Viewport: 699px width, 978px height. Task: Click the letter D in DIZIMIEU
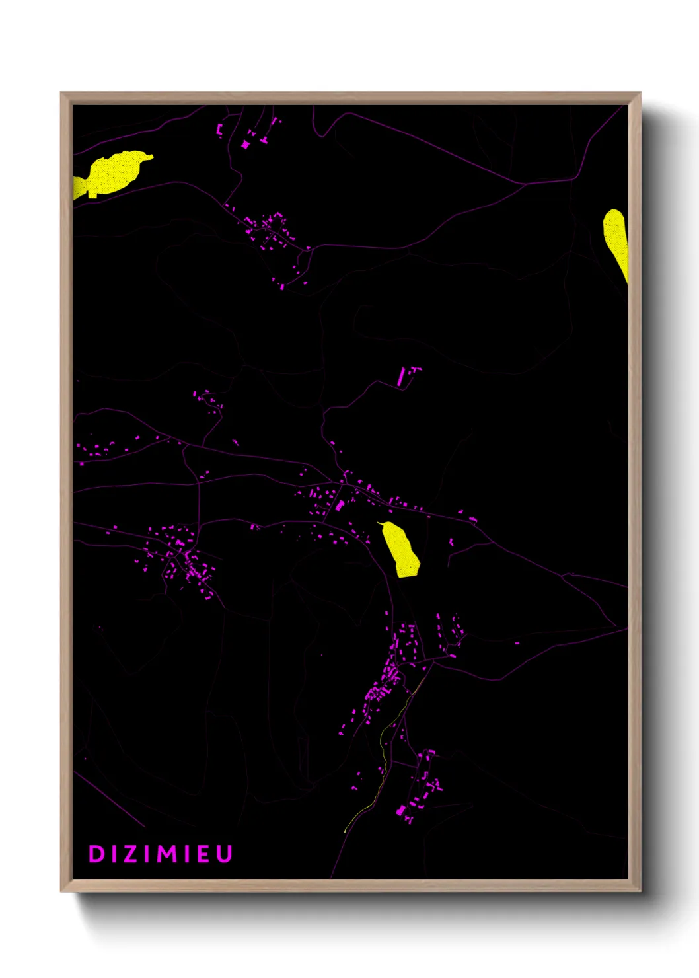pyautogui.click(x=96, y=854)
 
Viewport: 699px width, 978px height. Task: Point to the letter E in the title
pyautogui.click(x=204, y=854)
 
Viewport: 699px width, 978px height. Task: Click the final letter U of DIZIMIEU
pyautogui.click(x=225, y=854)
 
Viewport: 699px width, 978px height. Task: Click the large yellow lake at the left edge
pyautogui.click(x=114, y=173)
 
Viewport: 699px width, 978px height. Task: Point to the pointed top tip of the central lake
pyautogui.click(x=379, y=523)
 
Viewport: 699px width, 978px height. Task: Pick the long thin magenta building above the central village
pyautogui.click(x=402, y=376)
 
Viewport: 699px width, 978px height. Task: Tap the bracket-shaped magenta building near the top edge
pyautogui.click(x=220, y=128)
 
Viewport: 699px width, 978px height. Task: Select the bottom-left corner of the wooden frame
pyautogui.click(x=62, y=890)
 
